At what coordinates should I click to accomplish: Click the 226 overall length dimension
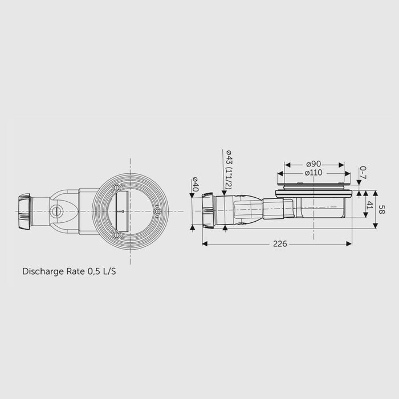[280, 244]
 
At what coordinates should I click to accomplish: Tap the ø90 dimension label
[313, 164]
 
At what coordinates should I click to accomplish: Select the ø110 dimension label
[313, 173]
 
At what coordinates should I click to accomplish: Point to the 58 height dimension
[381, 209]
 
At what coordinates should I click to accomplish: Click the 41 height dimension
[369, 205]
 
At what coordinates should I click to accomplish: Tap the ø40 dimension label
[196, 184]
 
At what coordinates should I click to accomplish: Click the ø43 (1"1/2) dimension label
[229, 169]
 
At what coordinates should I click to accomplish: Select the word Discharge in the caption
[43, 271]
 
